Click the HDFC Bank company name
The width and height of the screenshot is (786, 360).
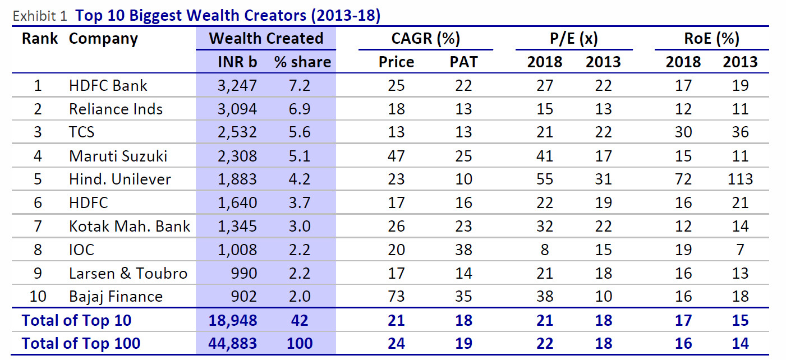(x=108, y=86)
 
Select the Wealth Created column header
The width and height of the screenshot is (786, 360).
(x=266, y=38)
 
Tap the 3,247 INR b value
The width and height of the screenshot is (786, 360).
(x=237, y=86)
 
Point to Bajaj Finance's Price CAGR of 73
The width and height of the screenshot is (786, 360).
(x=396, y=297)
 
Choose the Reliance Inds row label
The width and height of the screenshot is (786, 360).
(x=116, y=109)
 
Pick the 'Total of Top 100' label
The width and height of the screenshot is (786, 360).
(x=81, y=343)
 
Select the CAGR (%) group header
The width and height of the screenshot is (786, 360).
(x=425, y=38)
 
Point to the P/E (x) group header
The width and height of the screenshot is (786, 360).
(x=573, y=38)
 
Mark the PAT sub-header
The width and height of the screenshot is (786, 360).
(x=463, y=62)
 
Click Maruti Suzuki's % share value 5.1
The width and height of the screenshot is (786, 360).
(x=300, y=156)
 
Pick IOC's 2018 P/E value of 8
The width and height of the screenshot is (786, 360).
(x=545, y=250)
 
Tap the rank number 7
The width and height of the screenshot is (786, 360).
(x=38, y=226)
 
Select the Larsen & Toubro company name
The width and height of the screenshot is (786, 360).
(x=128, y=273)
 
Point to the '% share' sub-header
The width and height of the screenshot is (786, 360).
(x=302, y=62)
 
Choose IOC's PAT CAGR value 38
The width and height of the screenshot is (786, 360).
(x=463, y=250)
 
